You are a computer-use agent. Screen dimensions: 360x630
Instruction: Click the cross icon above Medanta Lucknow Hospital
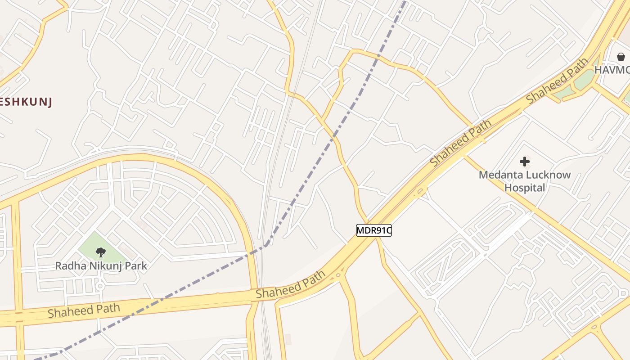[x=524, y=161]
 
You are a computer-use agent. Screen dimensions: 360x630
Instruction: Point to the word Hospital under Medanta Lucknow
[x=525, y=188]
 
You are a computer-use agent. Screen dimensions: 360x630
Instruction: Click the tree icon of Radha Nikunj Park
[x=101, y=252]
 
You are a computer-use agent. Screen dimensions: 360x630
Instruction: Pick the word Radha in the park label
[x=68, y=266]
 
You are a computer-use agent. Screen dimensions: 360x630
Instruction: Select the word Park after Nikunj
[x=136, y=266]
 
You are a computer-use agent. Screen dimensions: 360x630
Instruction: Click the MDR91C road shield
[x=373, y=230]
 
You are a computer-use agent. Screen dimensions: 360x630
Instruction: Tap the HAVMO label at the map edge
[x=612, y=70]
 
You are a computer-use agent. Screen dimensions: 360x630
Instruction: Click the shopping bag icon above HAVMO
[x=621, y=57]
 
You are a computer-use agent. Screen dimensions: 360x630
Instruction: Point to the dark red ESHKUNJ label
[x=26, y=102]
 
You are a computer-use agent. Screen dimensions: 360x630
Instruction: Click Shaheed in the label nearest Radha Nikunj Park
[x=67, y=311]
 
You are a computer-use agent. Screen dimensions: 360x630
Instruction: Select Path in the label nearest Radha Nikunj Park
[x=108, y=308]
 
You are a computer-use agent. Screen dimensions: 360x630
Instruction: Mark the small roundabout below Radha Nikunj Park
[x=100, y=286]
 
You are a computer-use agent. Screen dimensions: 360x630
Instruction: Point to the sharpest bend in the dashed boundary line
[x=267, y=245]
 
